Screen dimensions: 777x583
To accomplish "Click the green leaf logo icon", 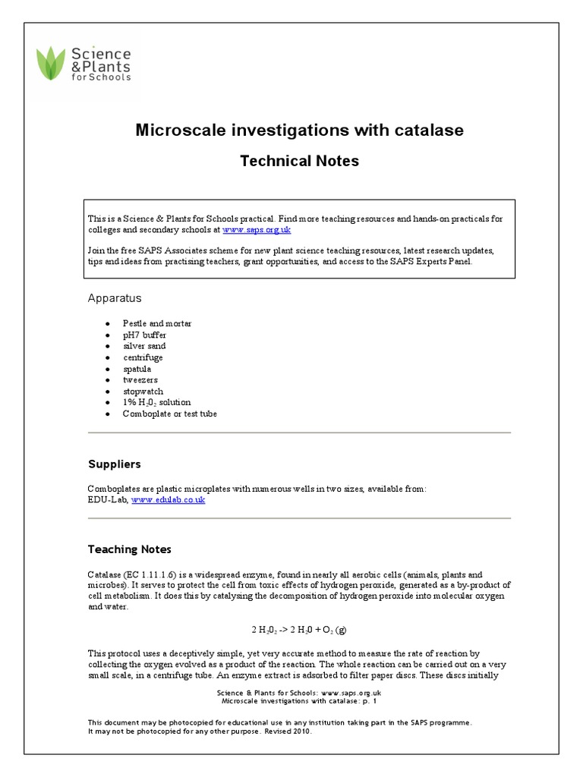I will pos(52,64).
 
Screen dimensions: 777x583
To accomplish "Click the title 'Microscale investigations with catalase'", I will pos(299,131).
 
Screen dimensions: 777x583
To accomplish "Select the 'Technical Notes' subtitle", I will pos(299,161).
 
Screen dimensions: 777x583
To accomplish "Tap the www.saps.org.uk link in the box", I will pos(257,229).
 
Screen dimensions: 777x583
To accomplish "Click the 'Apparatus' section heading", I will pos(115,298).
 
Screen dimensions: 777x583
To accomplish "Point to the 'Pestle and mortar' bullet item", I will pos(158,323).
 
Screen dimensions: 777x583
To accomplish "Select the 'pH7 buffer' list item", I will pos(146,335).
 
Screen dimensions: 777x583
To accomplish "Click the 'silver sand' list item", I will pos(145,346).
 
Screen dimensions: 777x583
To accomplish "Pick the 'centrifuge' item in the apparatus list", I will pos(143,357).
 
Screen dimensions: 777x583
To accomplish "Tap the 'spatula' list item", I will pos(138,369).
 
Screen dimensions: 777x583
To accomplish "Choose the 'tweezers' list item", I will pos(141,379).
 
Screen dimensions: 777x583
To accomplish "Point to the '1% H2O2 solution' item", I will pos(157,402).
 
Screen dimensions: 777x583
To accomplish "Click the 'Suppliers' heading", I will pos(114,464).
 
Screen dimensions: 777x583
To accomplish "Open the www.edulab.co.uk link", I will pos(168,500).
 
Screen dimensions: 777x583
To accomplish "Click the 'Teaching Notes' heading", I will pos(129,549).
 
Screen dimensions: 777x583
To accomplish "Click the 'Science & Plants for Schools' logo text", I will pos(100,64).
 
